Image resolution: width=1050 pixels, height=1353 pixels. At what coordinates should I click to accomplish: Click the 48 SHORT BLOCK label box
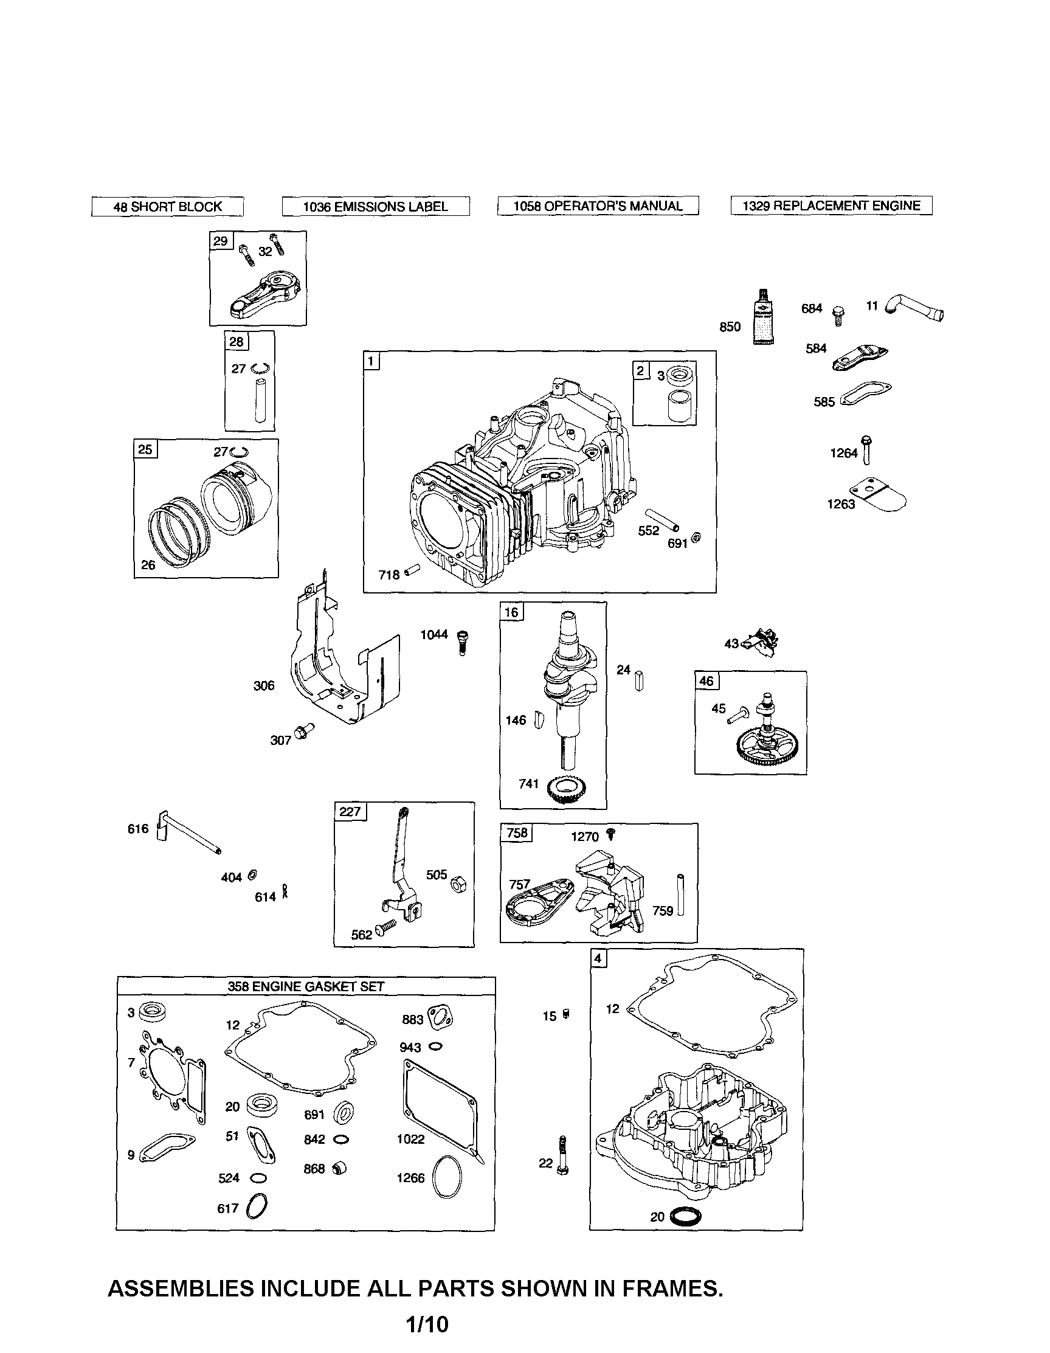(x=167, y=207)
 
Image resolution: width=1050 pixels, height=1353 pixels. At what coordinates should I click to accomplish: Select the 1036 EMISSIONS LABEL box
(x=375, y=207)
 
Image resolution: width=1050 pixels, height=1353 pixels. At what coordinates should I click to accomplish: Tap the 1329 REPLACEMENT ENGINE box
(x=831, y=206)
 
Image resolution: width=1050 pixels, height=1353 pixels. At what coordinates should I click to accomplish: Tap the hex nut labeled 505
(x=459, y=884)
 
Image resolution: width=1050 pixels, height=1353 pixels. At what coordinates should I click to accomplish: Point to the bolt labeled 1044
(x=462, y=641)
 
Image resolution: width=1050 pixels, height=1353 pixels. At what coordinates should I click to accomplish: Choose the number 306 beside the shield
(x=264, y=686)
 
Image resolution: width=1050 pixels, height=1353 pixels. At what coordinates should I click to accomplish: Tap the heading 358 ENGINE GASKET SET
(x=306, y=986)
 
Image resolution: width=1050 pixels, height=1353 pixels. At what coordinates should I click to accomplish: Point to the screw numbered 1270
(x=611, y=836)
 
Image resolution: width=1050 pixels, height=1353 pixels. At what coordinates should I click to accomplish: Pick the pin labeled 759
(x=681, y=895)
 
